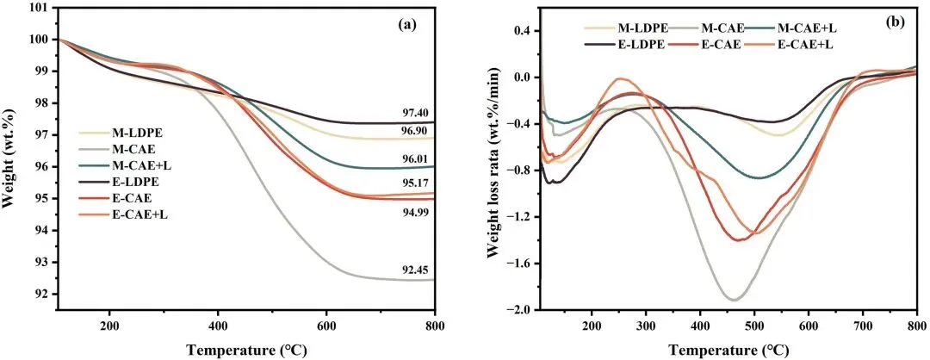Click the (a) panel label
click(x=407, y=25)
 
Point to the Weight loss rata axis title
click(x=493, y=158)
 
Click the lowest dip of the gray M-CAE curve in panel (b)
click(x=734, y=300)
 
